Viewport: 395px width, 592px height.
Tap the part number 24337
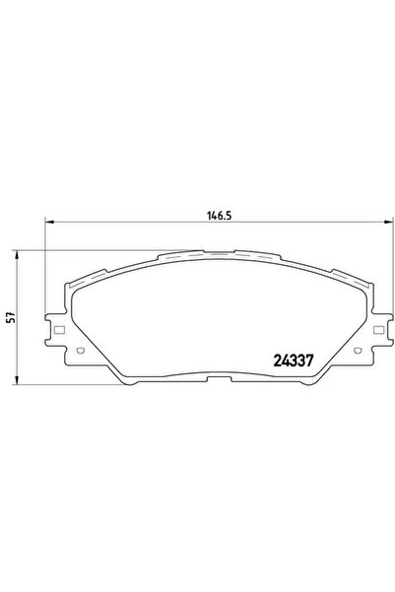click(x=294, y=360)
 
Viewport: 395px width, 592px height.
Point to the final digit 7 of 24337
click(x=310, y=360)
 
